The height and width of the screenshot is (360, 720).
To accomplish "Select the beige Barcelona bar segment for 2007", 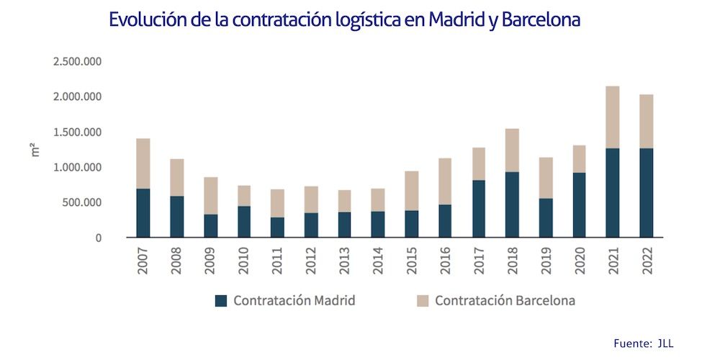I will [x=143, y=163].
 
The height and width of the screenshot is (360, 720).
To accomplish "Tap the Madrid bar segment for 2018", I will [x=511, y=204].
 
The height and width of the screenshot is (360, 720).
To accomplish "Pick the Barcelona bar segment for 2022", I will [x=646, y=122].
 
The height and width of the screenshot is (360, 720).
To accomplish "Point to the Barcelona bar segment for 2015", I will [x=411, y=191].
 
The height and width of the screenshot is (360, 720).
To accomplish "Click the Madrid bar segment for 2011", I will [x=277, y=228].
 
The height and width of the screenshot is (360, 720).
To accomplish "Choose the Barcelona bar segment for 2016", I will [x=445, y=181].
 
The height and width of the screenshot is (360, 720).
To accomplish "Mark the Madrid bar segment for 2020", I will [x=579, y=205].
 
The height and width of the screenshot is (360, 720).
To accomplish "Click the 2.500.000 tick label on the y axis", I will [x=78, y=61].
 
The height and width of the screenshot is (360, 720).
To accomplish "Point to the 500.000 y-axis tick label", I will [x=82, y=202].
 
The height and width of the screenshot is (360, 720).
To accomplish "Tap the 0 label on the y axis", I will [x=99, y=238].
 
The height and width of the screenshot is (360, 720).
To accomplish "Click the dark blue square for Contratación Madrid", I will [x=221, y=301].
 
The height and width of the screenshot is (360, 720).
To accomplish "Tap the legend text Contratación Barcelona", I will [x=505, y=301].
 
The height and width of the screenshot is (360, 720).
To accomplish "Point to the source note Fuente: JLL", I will [x=643, y=343].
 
